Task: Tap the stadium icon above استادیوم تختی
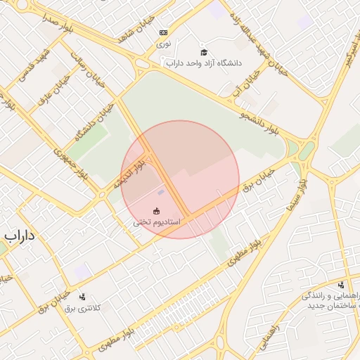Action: pos(156,211)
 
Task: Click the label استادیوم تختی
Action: pos(157,222)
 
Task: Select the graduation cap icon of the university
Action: pos(204,52)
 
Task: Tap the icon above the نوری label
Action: pos(163,32)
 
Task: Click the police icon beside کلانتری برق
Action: pos(82,297)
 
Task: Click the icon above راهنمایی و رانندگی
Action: pos(341,285)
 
